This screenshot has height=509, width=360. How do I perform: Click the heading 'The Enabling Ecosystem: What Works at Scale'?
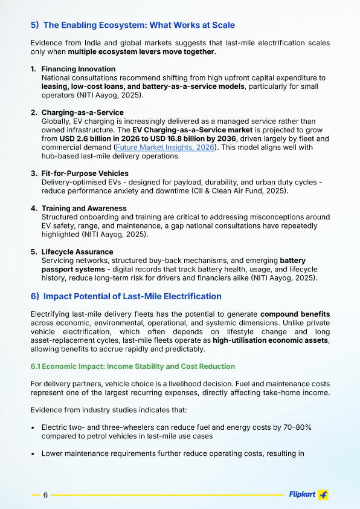[x=139, y=25]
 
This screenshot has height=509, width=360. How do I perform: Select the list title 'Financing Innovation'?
[x=78, y=69]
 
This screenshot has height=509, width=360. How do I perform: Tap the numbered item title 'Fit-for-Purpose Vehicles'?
[x=85, y=173]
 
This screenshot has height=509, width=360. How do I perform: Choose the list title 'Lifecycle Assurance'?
[x=77, y=251]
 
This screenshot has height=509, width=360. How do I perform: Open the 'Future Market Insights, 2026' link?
[x=164, y=147]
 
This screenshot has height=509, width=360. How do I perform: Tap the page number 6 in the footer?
[x=45, y=495]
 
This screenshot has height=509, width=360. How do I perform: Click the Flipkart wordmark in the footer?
[x=302, y=494]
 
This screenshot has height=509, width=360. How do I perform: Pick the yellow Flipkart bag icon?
[x=323, y=494]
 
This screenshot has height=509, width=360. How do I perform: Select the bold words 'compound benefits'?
[x=295, y=314]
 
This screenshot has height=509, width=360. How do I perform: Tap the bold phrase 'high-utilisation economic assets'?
[x=270, y=340]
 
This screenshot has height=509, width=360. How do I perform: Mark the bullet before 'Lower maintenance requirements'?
[x=33, y=453]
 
